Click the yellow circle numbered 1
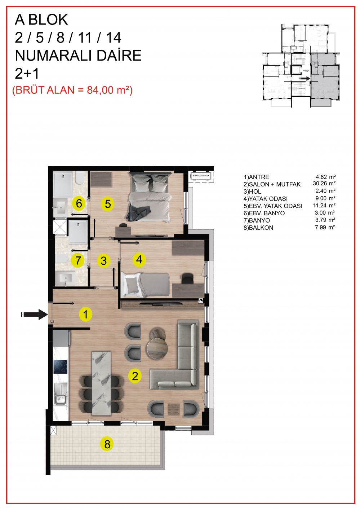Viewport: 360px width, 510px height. tap(85, 314)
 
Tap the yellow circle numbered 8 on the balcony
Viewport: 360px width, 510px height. tap(107, 444)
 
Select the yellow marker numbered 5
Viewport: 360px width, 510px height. tap(108, 204)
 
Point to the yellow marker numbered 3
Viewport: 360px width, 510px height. tap(104, 260)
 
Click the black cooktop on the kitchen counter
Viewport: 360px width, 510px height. tap(61, 367)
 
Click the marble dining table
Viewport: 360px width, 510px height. tap(102, 382)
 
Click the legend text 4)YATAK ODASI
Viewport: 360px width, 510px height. tap(266, 198)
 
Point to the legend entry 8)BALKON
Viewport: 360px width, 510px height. tap(258, 228)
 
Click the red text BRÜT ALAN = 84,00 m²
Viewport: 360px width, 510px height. tap(72, 90)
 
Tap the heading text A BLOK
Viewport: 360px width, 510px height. tap(41, 20)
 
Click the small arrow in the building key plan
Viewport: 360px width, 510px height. tap(304, 78)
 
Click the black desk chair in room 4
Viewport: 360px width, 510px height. tap(187, 278)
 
